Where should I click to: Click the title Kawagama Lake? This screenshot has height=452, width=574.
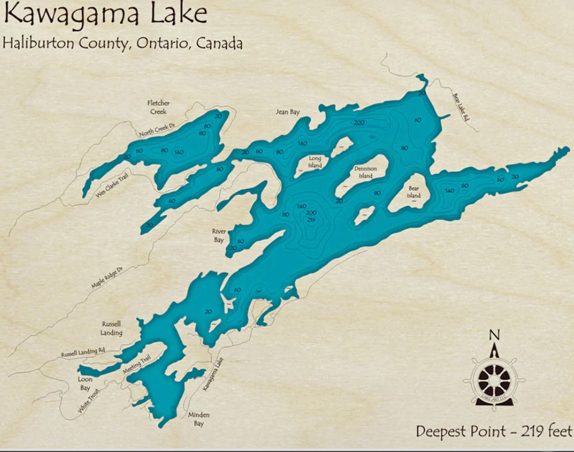(x=105, y=15)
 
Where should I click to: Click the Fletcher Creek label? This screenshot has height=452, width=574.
(x=158, y=107)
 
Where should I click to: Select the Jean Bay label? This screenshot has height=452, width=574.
(x=288, y=112)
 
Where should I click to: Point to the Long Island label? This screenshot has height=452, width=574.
(x=315, y=162)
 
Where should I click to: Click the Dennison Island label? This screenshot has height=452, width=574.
(x=365, y=172)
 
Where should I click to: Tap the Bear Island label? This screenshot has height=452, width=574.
(x=414, y=192)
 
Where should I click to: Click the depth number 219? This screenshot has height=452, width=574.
(x=311, y=219)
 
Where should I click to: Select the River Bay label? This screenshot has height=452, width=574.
(x=219, y=235)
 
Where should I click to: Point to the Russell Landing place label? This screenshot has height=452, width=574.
(x=111, y=328)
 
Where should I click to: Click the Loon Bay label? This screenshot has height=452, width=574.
(x=85, y=383)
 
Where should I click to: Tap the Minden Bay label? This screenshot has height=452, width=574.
(x=199, y=419)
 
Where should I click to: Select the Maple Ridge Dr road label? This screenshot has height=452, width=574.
(x=107, y=278)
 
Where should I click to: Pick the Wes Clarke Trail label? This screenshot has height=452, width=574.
(x=112, y=185)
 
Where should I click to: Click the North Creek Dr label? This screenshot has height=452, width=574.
(x=157, y=130)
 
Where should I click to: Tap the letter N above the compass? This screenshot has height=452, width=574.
(x=494, y=335)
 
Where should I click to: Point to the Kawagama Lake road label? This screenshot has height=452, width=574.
(x=213, y=374)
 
